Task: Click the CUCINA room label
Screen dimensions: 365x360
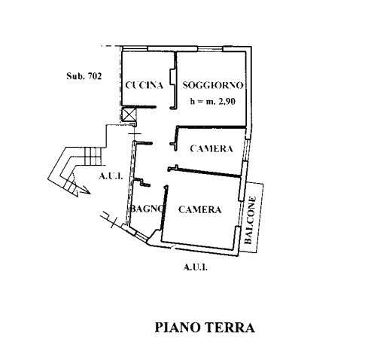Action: pyautogui.click(x=144, y=85)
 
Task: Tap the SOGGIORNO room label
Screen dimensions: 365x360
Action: pyautogui.click(x=213, y=85)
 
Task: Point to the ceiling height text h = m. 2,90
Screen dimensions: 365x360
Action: pyautogui.click(x=213, y=101)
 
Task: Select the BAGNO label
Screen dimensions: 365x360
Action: pyautogui.click(x=147, y=209)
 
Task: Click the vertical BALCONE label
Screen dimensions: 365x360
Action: pyautogui.click(x=251, y=220)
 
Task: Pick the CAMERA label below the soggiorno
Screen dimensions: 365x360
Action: pyautogui.click(x=211, y=148)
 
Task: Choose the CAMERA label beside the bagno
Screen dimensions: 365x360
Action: pyautogui.click(x=200, y=209)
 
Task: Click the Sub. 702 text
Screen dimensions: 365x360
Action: pyautogui.click(x=84, y=76)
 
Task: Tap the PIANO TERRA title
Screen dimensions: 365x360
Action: pyautogui.click(x=205, y=328)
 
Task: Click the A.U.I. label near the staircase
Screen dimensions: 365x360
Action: pyautogui.click(x=111, y=176)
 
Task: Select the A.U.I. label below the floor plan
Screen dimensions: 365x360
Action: pyautogui.click(x=196, y=267)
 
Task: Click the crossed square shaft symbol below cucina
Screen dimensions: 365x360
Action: pyautogui.click(x=129, y=114)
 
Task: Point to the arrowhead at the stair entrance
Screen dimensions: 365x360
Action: pyautogui.click(x=85, y=190)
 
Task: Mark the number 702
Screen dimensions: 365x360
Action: pyautogui.click(x=94, y=76)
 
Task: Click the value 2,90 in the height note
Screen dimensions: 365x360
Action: pyautogui.click(x=227, y=102)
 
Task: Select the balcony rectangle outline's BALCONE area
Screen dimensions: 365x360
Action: pyautogui.click(x=253, y=218)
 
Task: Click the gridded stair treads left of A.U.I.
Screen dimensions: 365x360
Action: pyautogui.click(x=93, y=156)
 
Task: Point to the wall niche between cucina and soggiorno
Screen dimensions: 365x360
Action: pyautogui.click(x=172, y=77)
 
